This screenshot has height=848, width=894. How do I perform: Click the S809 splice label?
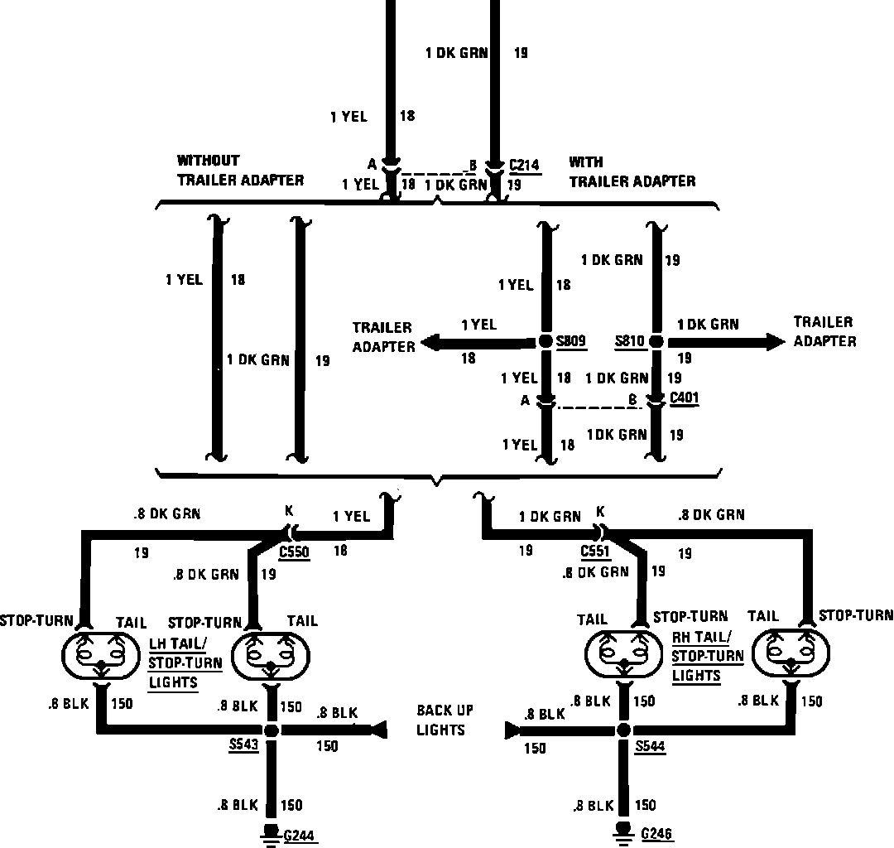[570, 341]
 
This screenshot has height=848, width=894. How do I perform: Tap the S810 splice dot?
[656, 341]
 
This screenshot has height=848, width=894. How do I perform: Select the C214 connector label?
[524, 165]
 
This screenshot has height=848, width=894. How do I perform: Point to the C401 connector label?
[685, 398]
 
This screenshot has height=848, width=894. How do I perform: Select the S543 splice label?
[244, 744]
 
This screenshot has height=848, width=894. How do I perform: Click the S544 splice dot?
[623, 730]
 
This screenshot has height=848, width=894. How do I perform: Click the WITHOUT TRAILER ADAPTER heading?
[240, 170]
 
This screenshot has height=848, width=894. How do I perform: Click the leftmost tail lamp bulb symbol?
[101, 656]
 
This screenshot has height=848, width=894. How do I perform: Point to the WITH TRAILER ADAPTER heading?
[632, 171]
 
